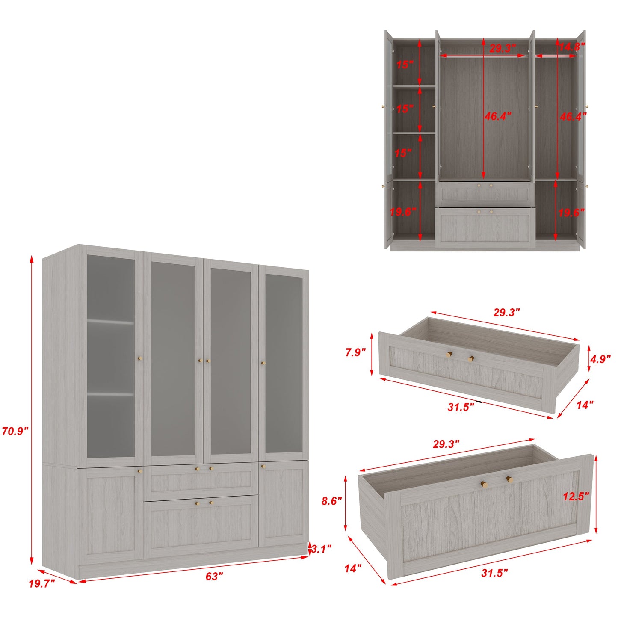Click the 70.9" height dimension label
click(15, 431)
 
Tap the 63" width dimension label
click(214, 577)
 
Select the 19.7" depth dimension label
click(42, 583)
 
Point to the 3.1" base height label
click(321, 549)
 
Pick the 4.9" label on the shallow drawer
click(600, 359)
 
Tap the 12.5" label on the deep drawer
click(576, 496)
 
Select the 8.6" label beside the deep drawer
click(332, 501)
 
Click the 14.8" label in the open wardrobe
click(572, 47)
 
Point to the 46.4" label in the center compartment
click(497, 116)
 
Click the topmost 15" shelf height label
click(405, 65)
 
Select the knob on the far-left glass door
click(139, 358)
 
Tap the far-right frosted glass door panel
click(284, 364)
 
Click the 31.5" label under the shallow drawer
click(461, 407)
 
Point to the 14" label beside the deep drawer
click(353, 568)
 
